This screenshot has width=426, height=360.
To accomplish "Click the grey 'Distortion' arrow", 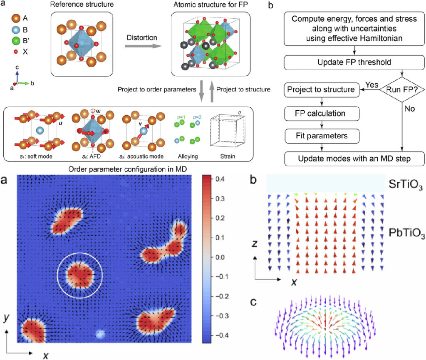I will point(141,47).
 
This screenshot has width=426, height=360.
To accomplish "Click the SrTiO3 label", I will point(404,183).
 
